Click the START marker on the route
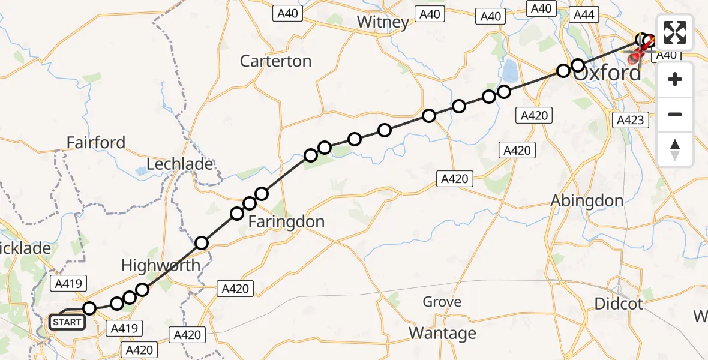(66, 322)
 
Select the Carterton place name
(275, 61)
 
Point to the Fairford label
(96, 143)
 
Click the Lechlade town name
(180, 164)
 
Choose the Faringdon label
(286, 221)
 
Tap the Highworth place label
(161, 265)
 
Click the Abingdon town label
(587, 201)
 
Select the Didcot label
(618, 304)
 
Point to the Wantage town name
(442, 332)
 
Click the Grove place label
(442, 302)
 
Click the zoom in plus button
(675, 79)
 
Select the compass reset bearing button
(675, 149)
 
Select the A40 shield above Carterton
(288, 13)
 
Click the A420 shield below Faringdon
(235, 289)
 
